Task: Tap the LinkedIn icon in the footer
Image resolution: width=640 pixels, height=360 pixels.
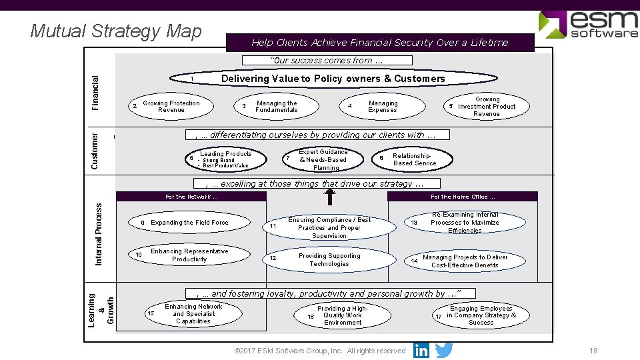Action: (421, 351)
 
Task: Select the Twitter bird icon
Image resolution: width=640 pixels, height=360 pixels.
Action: (444, 351)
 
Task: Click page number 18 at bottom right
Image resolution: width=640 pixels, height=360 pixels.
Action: (593, 351)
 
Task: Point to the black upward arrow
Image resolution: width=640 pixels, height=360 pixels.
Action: (329, 196)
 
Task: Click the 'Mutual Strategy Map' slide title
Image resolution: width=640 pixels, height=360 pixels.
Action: (116, 31)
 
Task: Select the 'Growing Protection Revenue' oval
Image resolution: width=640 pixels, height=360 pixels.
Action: (171, 107)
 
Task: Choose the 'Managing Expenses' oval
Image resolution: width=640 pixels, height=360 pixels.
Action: (379, 107)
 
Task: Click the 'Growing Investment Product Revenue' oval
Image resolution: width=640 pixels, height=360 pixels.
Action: (485, 107)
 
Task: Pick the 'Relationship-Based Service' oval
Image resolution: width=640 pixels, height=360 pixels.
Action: (411, 159)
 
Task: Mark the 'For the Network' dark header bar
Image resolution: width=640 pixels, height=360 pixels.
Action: (191, 197)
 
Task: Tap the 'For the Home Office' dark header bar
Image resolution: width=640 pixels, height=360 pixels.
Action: (462, 197)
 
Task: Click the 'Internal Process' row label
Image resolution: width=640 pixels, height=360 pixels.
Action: (99, 235)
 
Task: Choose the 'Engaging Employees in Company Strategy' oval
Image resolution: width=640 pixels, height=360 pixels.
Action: (480, 315)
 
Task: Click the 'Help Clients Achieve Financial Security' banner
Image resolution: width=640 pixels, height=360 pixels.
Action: (379, 43)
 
